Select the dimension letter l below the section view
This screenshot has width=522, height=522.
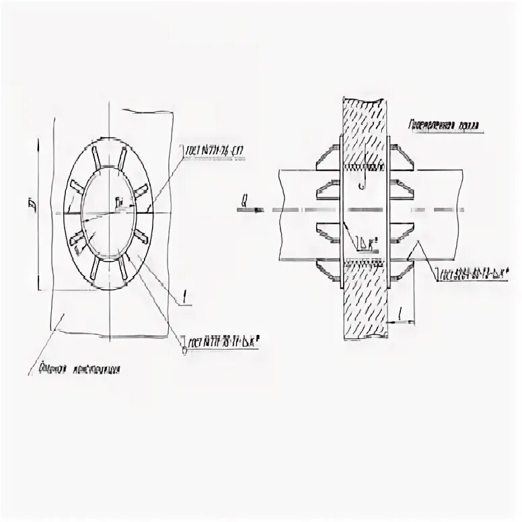click(401, 313)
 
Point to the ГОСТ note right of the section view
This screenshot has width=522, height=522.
click(471, 274)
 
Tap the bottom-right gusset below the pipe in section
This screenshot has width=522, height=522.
click(400, 268)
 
